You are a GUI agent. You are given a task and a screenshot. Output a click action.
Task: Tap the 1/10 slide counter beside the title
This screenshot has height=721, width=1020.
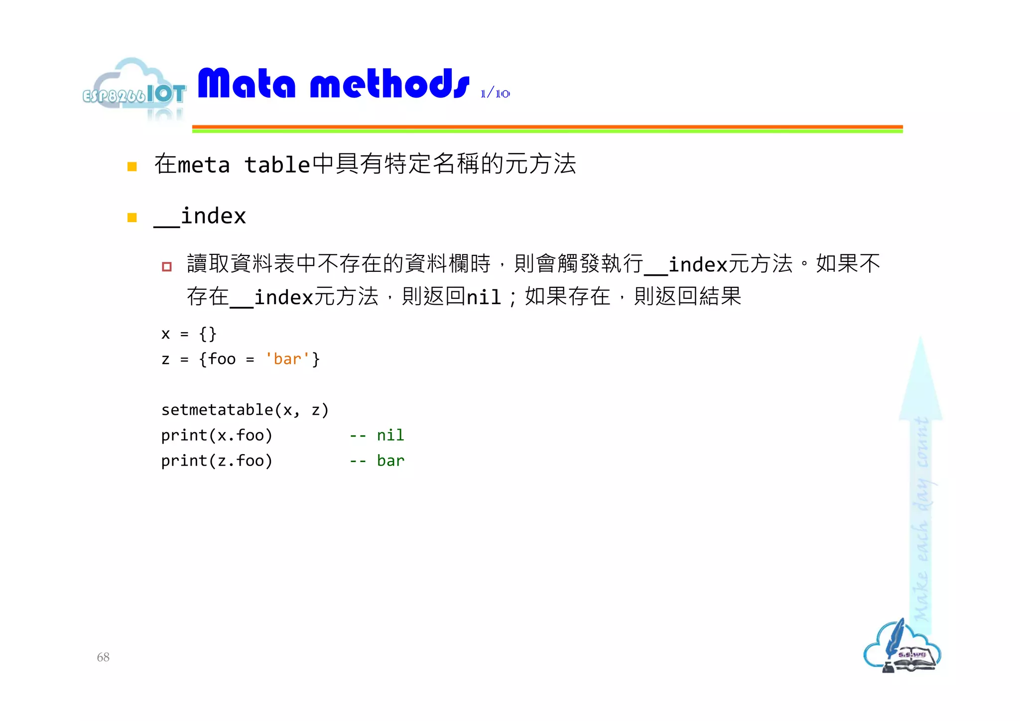495,93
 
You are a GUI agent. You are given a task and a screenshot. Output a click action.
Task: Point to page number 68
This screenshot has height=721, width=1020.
103,657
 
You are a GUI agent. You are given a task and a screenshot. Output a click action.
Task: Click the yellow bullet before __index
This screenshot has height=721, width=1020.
132,218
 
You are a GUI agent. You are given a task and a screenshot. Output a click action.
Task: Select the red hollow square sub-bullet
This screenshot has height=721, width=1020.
167,266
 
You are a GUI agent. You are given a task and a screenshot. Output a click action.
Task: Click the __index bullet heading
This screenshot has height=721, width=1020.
200,217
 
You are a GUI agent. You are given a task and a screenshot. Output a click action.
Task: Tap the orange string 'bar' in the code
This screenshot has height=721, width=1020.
287,359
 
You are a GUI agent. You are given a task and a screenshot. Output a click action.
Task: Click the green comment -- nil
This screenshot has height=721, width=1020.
377,435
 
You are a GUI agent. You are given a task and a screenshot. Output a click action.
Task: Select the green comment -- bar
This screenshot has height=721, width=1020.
377,461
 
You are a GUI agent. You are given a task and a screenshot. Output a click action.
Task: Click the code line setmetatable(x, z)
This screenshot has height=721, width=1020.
245,410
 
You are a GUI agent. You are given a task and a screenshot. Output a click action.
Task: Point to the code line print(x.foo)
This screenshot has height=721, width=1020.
217,435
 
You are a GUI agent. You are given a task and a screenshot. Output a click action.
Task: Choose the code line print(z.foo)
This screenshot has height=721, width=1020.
217,461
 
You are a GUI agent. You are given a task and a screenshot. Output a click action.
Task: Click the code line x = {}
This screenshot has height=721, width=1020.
189,334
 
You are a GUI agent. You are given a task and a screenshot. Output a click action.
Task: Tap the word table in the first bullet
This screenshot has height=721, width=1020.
277,165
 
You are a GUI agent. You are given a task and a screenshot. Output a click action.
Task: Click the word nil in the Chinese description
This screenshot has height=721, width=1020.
483,297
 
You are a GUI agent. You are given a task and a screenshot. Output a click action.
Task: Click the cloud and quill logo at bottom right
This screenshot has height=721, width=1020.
902,647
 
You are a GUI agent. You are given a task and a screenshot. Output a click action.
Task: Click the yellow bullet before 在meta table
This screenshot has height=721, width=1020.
132,166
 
